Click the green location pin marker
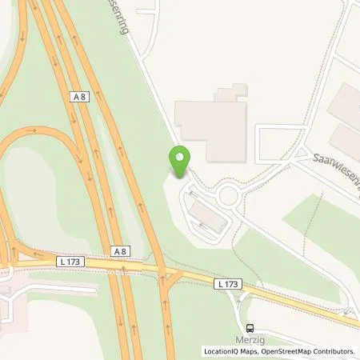point(180,162)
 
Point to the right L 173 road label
point(226,285)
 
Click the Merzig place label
point(252,339)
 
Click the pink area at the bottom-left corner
point(16,300)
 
